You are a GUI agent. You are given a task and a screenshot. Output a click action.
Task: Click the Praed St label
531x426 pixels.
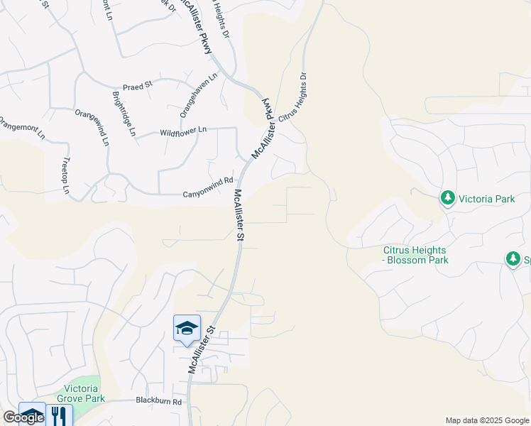tap(138, 85)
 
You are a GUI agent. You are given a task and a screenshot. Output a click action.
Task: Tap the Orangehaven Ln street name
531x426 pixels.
tap(188, 95)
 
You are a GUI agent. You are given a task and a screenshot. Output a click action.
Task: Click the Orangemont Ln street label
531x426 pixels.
tap(21, 128)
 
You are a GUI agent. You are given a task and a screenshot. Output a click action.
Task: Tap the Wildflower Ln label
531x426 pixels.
tap(182, 131)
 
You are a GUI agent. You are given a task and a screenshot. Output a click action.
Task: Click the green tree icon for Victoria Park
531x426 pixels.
tap(447, 197)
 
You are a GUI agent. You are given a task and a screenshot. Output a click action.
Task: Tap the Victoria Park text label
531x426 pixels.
tap(486, 199)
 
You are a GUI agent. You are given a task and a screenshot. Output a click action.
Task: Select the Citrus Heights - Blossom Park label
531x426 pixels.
tap(415, 255)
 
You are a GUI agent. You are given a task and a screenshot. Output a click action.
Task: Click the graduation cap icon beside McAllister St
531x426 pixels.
tap(187, 328)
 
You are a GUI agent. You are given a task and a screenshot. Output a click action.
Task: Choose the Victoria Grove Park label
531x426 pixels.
tap(85, 393)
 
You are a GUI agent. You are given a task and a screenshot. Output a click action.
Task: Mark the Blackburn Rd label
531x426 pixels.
tap(159, 401)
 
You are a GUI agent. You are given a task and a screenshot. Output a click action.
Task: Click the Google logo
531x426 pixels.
tap(23, 417)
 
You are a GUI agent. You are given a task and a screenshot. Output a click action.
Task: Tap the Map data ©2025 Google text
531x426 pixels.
tap(487, 420)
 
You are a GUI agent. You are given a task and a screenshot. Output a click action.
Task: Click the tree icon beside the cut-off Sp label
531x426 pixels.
tap(513, 259)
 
